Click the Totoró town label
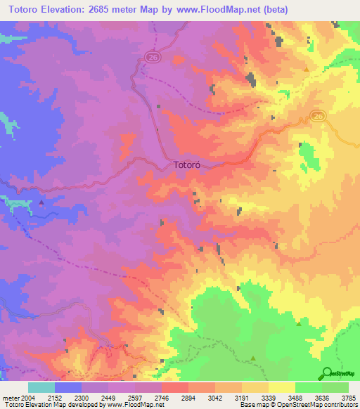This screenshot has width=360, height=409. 188,167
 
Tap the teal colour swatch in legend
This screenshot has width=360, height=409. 41,387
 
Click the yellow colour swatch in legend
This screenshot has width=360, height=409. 281,387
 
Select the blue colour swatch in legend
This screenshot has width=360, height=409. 67,387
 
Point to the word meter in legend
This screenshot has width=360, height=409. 9,397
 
